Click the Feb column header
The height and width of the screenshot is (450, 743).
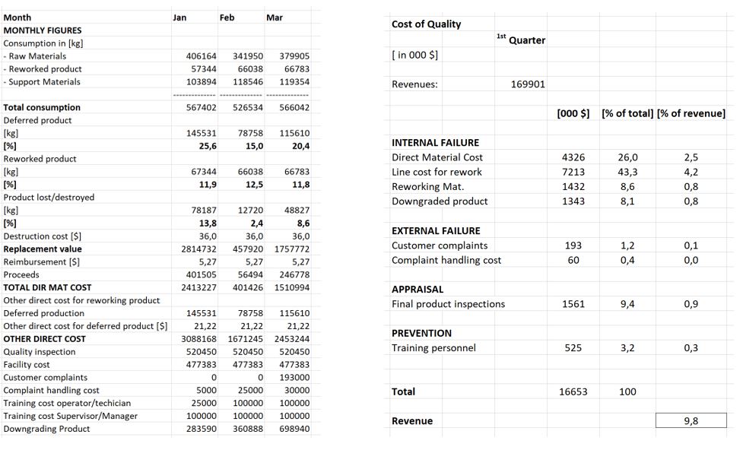click(227, 17)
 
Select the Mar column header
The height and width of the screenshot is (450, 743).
click(275, 17)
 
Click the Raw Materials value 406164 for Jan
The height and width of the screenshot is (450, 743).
click(202, 56)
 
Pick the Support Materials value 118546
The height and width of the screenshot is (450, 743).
click(248, 82)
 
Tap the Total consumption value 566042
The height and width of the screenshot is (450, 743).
click(294, 108)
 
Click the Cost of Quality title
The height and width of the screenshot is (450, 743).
click(426, 24)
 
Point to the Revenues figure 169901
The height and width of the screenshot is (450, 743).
click(528, 84)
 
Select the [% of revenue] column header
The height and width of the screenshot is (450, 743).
click(691, 114)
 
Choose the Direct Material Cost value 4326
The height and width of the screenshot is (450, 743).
click(573, 157)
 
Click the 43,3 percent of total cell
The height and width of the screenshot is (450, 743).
click(628, 172)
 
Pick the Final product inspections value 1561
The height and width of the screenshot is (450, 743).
click(573, 304)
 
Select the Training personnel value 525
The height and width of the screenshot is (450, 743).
click(573, 348)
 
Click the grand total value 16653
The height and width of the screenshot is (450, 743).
click(573, 392)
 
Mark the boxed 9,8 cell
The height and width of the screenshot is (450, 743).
click(691, 421)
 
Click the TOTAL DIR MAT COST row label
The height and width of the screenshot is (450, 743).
click(47, 287)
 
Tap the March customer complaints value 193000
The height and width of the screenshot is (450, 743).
click(294, 378)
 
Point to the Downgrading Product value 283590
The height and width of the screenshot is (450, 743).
click(202, 429)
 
